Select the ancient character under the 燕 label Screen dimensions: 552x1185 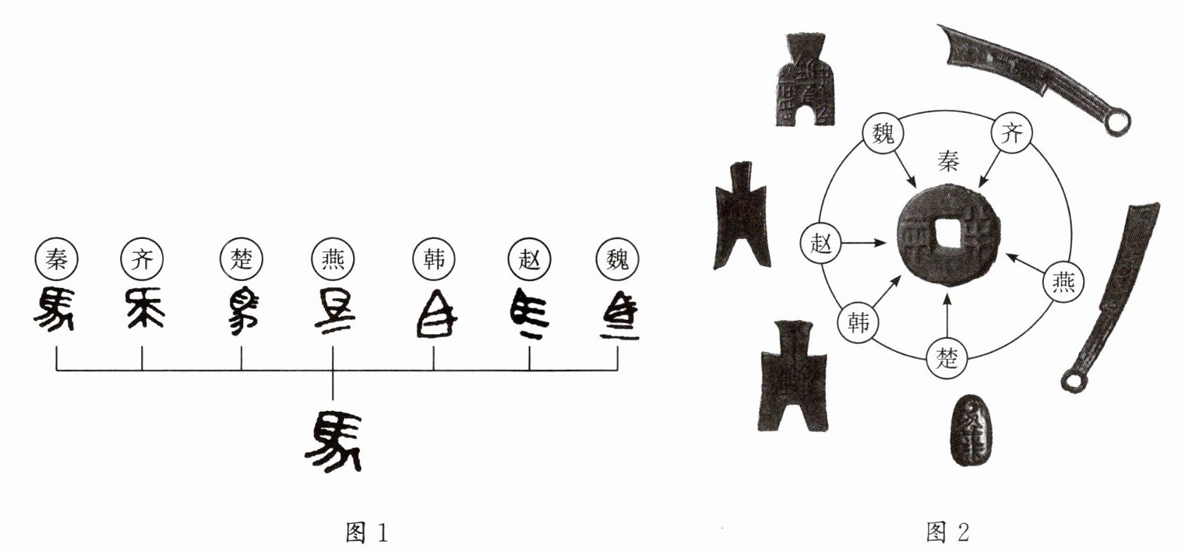tap(333, 312)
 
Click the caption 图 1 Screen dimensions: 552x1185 tap(365, 533)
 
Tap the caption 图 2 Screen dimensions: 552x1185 tap(948, 533)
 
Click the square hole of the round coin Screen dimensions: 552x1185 tap(947, 233)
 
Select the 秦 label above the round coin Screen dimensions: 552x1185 tap(949, 161)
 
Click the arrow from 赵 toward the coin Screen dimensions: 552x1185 tap(865, 244)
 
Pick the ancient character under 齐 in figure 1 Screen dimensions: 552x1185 tap(142, 311)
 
